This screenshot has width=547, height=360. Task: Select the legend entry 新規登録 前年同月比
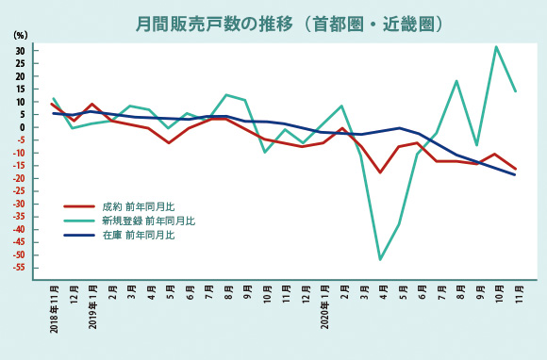(x=147, y=221)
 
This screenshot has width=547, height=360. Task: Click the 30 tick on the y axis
(x=19, y=50)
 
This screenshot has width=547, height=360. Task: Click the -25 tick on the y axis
(x=18, y=191)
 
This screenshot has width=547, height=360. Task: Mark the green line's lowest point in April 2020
(x=380, y=259)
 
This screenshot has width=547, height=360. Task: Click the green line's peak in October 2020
(x=496, y=46)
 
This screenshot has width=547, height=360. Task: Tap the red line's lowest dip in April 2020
(x=380, y=172)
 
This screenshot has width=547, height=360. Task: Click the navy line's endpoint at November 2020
(x=515, y=174)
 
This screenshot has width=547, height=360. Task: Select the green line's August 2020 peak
(x=456, y=81)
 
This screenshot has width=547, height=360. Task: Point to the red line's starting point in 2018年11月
(x=53, y=105)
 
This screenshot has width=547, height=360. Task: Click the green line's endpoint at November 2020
(x=515, y=91)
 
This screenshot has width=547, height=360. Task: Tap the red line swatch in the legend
(x=78, y=206)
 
